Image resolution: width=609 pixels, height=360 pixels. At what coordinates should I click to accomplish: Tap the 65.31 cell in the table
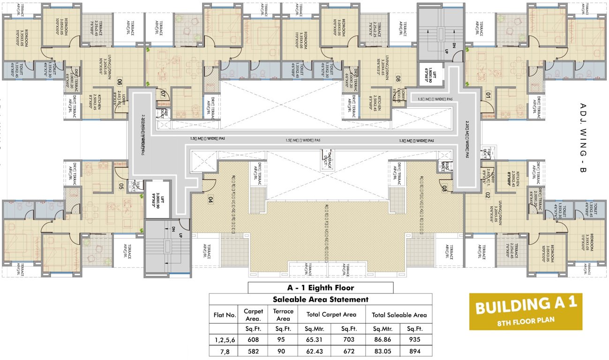315,340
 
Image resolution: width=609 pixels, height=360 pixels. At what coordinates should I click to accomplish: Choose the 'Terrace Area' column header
283,315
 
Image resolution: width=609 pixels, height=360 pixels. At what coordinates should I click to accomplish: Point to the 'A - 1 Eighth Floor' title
320,288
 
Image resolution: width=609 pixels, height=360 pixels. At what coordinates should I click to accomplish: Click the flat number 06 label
120,82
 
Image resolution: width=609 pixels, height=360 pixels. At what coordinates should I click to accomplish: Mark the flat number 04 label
211,199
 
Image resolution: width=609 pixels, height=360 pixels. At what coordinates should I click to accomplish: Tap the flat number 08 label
398,79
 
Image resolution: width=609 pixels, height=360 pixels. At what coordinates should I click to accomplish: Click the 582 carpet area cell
253,351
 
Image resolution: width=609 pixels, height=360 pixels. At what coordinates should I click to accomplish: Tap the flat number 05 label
121,186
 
